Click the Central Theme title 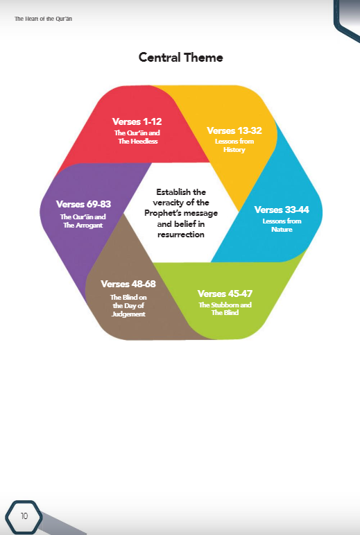[x=180, y=58]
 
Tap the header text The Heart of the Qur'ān [x=43, y=19]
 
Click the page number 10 [x=24, y=516]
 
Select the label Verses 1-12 [x=137, y=121]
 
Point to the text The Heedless [x=138, y=142]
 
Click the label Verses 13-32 [x=234, y=130]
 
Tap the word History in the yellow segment [x=234, y=149]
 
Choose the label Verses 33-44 [x=282, y=210]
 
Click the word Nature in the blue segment [x=282, y=229]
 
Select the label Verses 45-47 [x=225, y=294]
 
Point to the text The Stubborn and [x=225, y=305]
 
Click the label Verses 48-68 [x=128, y=284]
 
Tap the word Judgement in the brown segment [x=128, y=314]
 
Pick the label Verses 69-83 [x=83, y=204]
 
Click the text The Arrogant [x=83, y=226]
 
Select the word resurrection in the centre [x=180, y=235]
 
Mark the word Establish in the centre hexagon [x=173, y=192]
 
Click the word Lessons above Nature [x=273, y=221]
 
